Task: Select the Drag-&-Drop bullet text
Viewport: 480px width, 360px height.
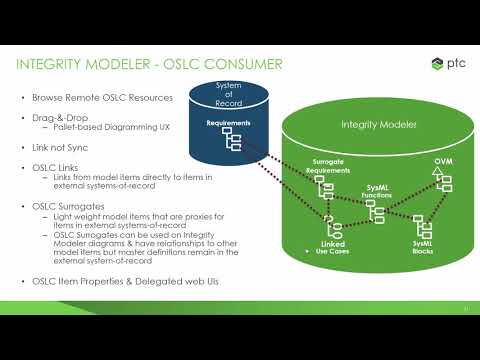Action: (x=57, y=117)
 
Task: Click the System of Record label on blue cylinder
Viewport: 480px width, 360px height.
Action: (x=230, y=96)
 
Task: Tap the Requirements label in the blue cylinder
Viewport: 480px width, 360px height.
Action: (x=228, y=124)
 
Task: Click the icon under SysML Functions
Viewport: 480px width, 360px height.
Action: (x=377, y=211)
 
